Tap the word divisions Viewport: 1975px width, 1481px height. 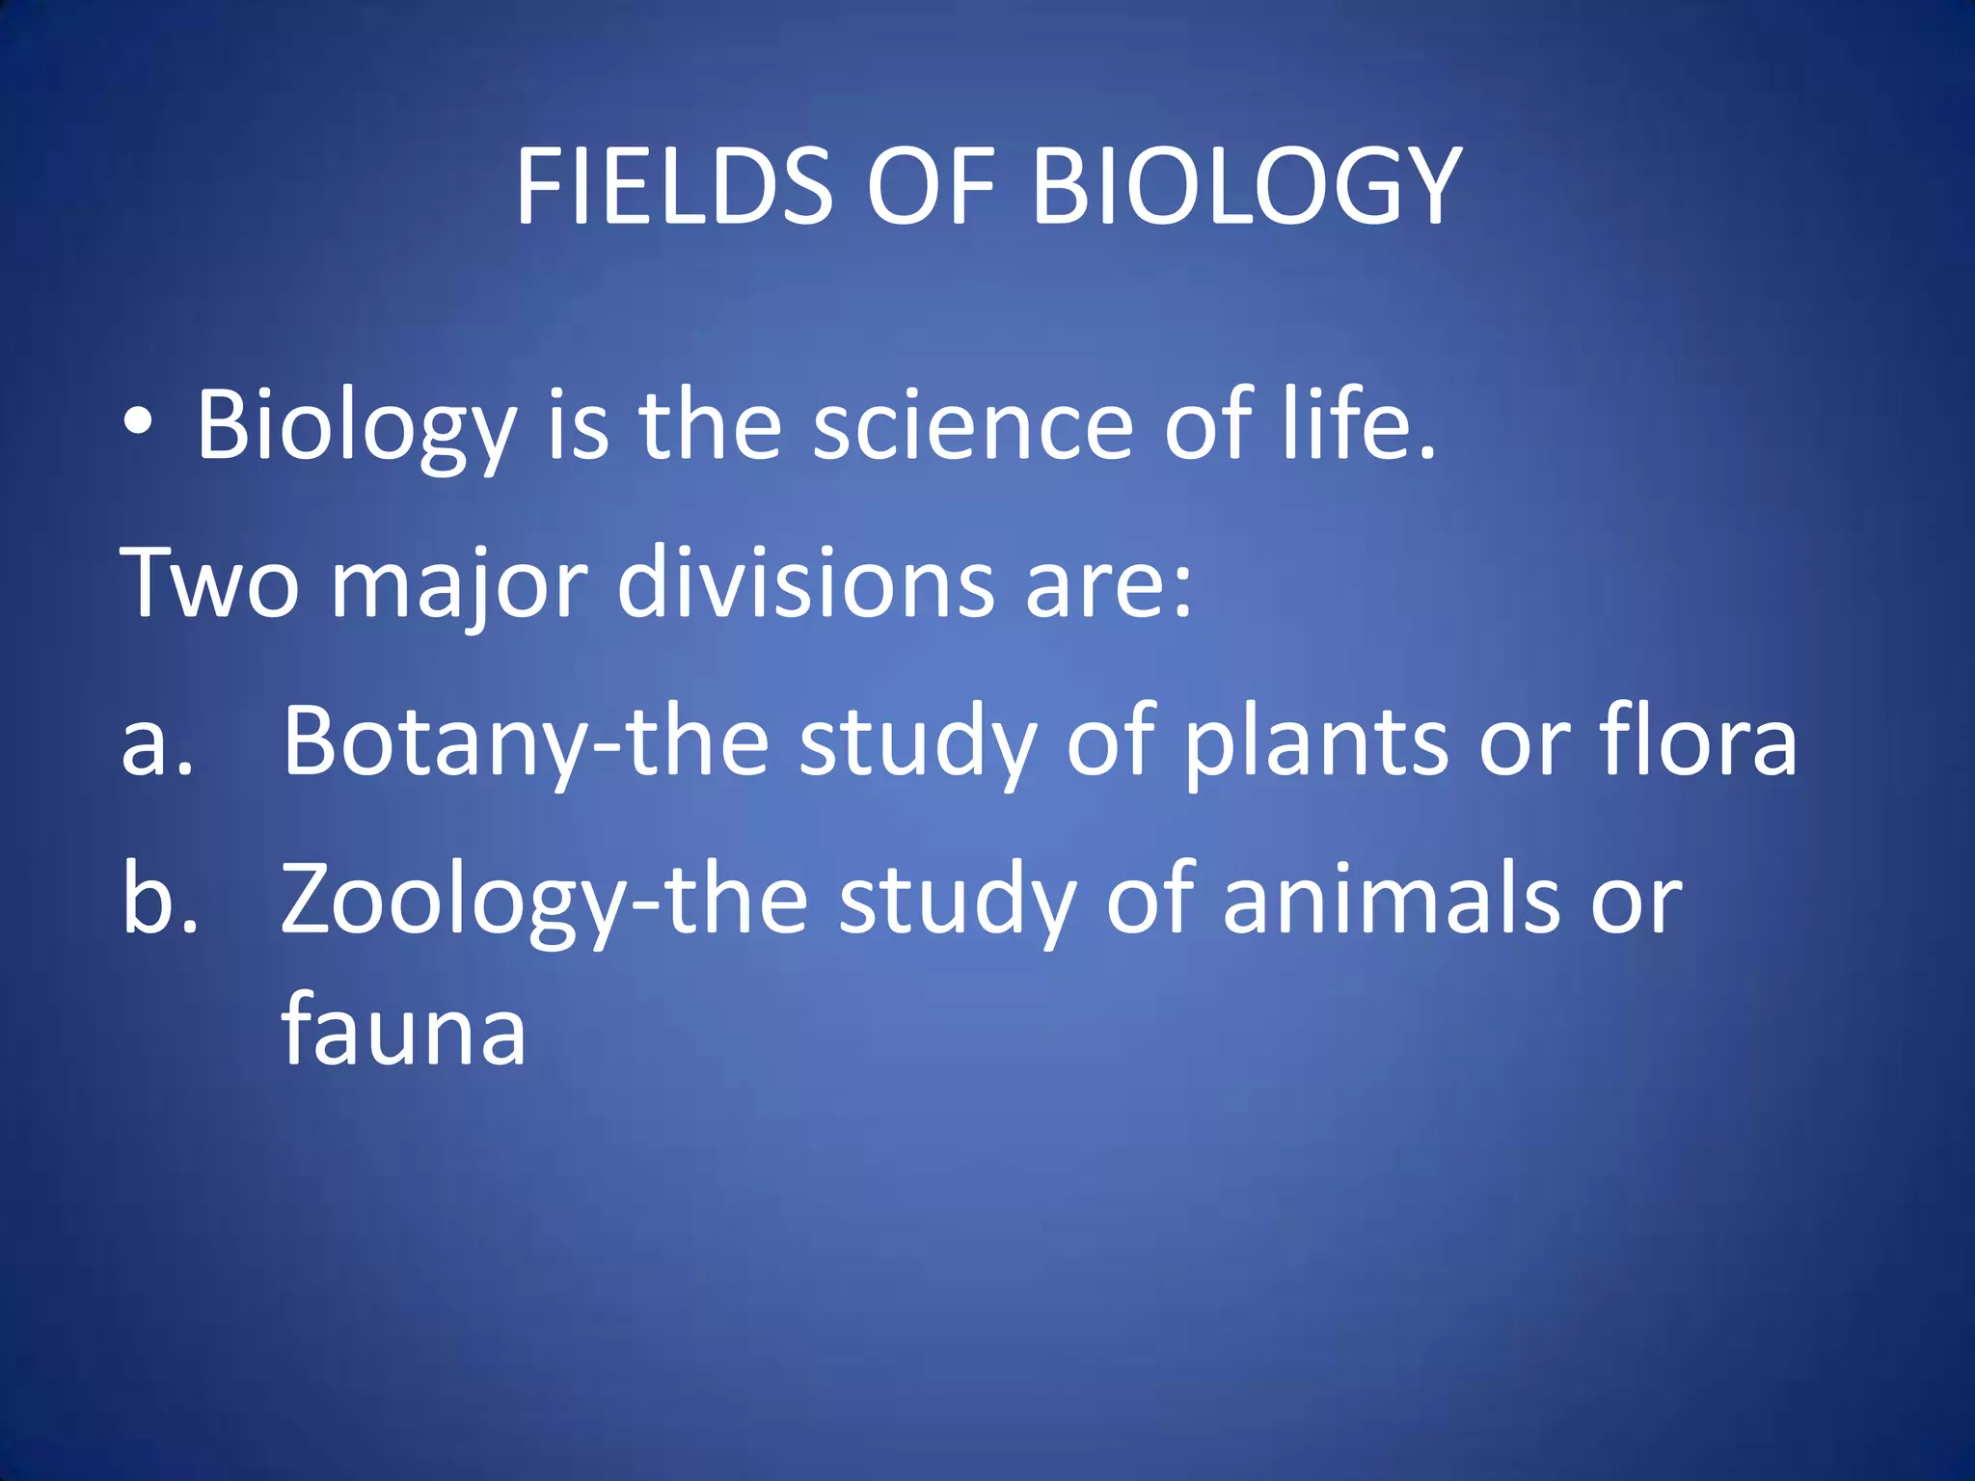pos(805,582)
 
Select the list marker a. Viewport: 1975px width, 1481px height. pos(157,742)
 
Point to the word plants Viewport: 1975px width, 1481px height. pos(1316,742)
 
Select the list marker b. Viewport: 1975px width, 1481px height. pos(160,899)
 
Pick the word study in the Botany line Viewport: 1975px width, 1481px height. pos(917,742)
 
